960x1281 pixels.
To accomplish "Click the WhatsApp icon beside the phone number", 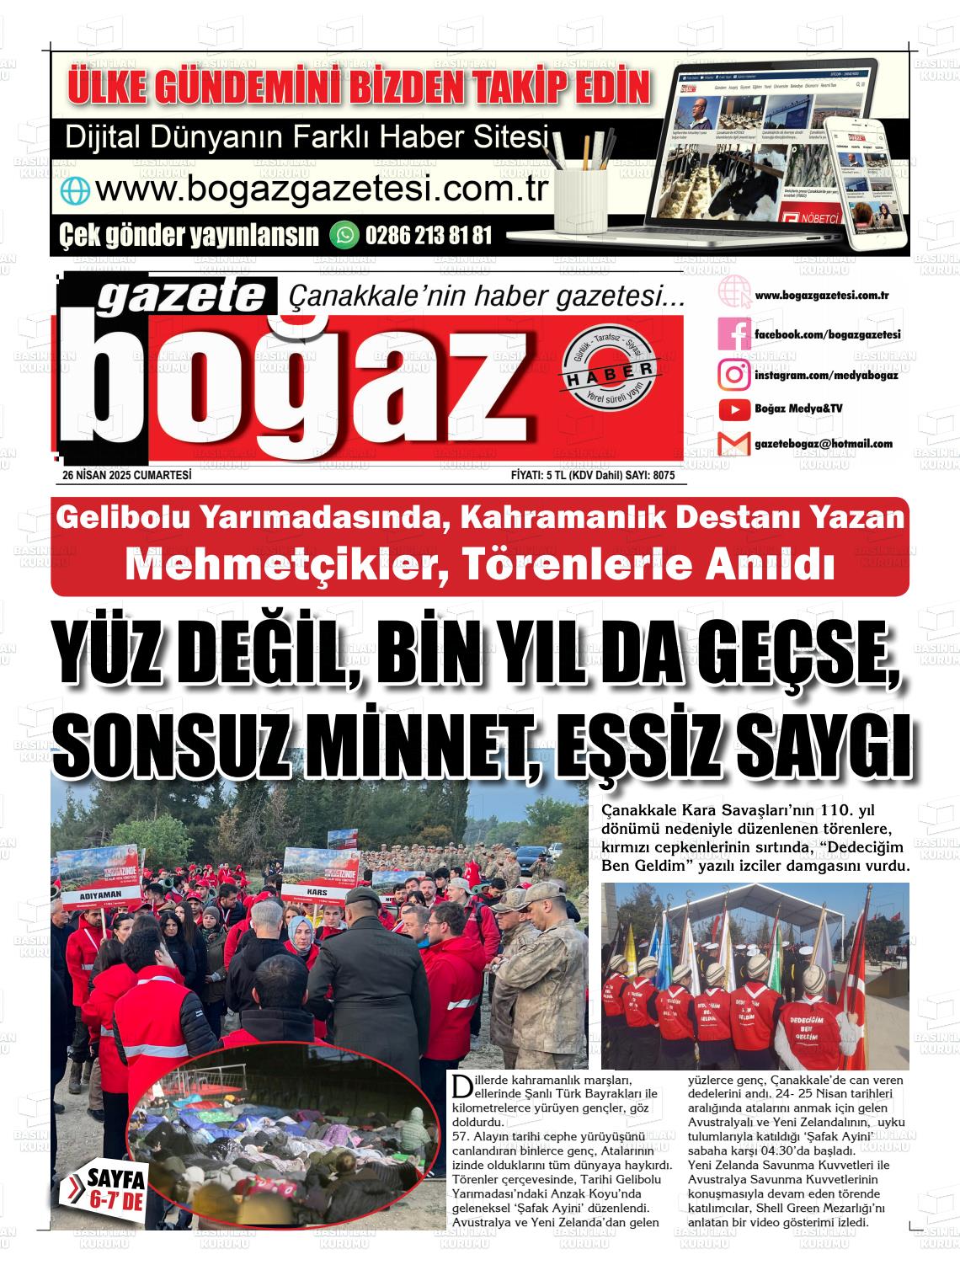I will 344,234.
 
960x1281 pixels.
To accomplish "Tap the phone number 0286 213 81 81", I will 428,234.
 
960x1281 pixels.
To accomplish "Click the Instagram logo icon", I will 733,374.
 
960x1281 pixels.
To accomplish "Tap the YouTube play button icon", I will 734,409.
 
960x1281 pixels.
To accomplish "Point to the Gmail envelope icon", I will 733,444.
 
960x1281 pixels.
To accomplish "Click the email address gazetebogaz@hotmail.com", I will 824,444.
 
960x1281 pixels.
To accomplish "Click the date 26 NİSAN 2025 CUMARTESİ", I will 127,476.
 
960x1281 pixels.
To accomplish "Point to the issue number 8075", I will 663,476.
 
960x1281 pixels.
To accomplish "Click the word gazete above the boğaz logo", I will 182,296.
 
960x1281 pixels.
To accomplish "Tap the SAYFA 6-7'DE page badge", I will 115,1189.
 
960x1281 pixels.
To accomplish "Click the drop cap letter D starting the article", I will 460,1085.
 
